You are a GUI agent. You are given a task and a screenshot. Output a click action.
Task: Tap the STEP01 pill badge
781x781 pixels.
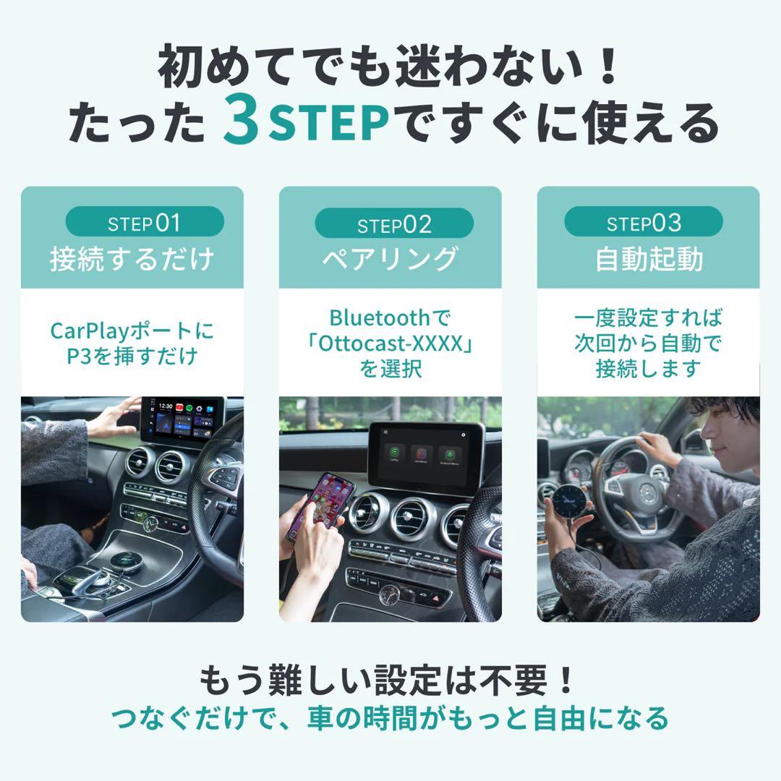[x=145, y=223]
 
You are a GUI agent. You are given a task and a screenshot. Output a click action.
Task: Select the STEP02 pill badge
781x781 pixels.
[x=394, y=224]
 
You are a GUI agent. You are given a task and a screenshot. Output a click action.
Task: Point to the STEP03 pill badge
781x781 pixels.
[x=644, y=223]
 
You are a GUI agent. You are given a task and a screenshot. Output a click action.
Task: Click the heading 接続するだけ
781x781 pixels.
[x=132, y=258]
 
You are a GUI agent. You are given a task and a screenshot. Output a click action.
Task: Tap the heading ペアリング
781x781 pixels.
[x=390, y=259]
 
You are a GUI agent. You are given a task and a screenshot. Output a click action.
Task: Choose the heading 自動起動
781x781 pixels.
[x=649, y=259]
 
